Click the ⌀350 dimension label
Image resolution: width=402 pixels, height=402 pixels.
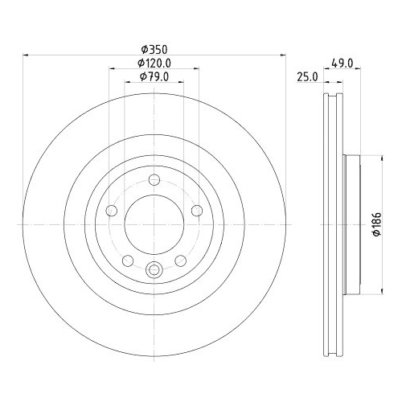(x=154, y=50)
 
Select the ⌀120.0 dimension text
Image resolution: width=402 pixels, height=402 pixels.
(x=154, y=64)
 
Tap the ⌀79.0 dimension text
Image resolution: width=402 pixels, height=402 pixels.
(x=154, y=77)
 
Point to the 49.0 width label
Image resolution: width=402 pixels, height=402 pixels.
(x=343, y=64)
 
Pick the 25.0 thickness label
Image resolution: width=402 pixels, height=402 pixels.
(x=307, y=77)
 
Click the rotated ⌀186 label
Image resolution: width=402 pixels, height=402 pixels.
(x=377, y=224)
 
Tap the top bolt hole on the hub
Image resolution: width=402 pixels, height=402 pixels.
(x=154, y=179)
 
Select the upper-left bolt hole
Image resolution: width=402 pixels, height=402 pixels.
(x=112, y=211)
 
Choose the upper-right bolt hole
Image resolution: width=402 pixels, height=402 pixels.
(x=197, y=211)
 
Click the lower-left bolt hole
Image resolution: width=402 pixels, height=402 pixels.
(x=128, y=260)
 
